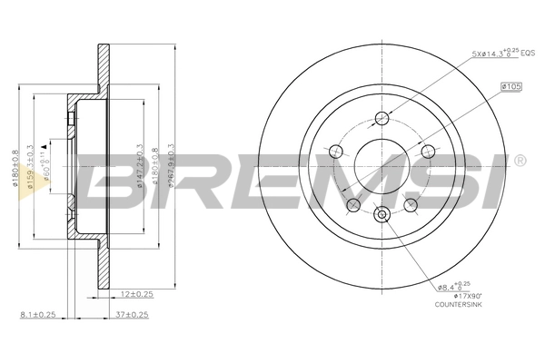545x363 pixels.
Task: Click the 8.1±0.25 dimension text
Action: pyautogui.click(x=39, y=315)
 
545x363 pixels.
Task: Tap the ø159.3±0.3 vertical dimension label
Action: pyautogui.click(x=33, y=167)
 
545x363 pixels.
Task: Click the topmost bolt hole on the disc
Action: pyautogui.click(x=381, y=118)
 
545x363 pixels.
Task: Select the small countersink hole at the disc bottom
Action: pyautogui.click(x=381, y=214)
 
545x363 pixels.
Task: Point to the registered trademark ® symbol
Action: pyautogui.click(x=519, y=162)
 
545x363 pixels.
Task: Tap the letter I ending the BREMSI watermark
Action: pyautogui.click(x=496, y=179)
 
